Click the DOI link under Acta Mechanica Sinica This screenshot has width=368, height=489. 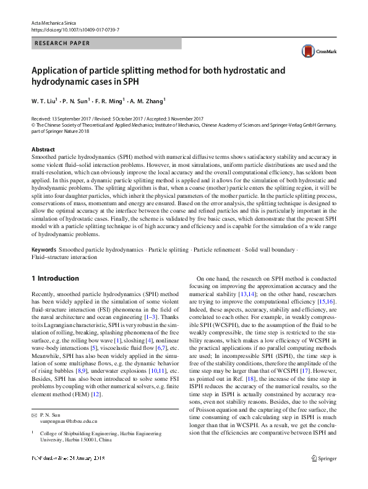click(75, 29)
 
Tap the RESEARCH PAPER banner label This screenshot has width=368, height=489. click(62, 43)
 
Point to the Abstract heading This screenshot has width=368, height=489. click(43, 150)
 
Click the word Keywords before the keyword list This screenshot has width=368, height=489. click(45, 249)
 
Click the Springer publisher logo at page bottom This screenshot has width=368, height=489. click(323, 476)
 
